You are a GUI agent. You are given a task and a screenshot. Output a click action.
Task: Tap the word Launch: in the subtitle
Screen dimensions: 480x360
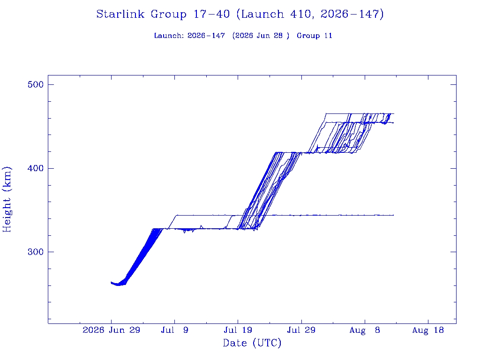pyautogui.click(x=169, y=36)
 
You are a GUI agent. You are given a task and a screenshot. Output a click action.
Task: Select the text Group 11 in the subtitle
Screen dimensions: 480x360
pyautogui.click(x=315, y=36)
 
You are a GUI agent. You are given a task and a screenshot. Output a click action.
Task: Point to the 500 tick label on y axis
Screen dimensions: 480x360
pyautogui.click(x=36, y=84)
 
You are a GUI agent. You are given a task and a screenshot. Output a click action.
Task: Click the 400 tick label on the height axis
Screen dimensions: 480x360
pyautogui.click(x=36, y=168)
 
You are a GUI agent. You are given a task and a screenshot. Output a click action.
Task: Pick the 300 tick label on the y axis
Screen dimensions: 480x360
pyautogui.click(x=36, y=252)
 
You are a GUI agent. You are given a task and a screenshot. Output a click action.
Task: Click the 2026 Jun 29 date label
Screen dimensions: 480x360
pyautogui.click(x=112, y=330)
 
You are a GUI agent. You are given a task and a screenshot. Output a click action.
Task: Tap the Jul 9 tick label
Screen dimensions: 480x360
pyautogui.click(x=174, y=330)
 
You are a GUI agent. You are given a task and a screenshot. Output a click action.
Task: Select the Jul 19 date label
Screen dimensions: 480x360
pyautogui.click(x=238, y=330)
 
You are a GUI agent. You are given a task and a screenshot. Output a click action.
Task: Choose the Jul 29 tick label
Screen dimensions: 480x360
pyautogui.click(x=301, y=330)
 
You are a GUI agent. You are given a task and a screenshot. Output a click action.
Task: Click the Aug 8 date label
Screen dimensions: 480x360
pyautogui.click(x=365, y=330)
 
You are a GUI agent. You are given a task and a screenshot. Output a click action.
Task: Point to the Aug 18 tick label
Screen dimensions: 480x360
pyautogui.click(x=428, y=330)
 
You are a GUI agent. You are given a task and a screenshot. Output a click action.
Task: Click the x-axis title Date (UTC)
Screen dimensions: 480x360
pyautogui.click(x=252, y=343)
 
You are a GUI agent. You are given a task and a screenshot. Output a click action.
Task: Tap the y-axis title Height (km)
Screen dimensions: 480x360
pyautogui.click(x=7, y=199)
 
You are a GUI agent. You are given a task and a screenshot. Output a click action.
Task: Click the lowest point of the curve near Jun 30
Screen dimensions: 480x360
pyautogui.click(x=118, y=285)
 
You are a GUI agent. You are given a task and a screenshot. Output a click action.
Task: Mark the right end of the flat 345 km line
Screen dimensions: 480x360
pyautogui.click(x=394, y=215)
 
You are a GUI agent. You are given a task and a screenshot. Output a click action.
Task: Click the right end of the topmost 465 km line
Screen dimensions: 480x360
pyautogui.click(x=394, y=113)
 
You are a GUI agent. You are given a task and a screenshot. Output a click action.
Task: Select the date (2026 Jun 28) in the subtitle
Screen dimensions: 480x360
pyautogui.click(x=261, y=36)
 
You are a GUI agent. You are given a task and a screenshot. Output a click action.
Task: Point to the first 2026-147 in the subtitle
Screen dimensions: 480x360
pyautogui.click(x=206, y=36)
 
